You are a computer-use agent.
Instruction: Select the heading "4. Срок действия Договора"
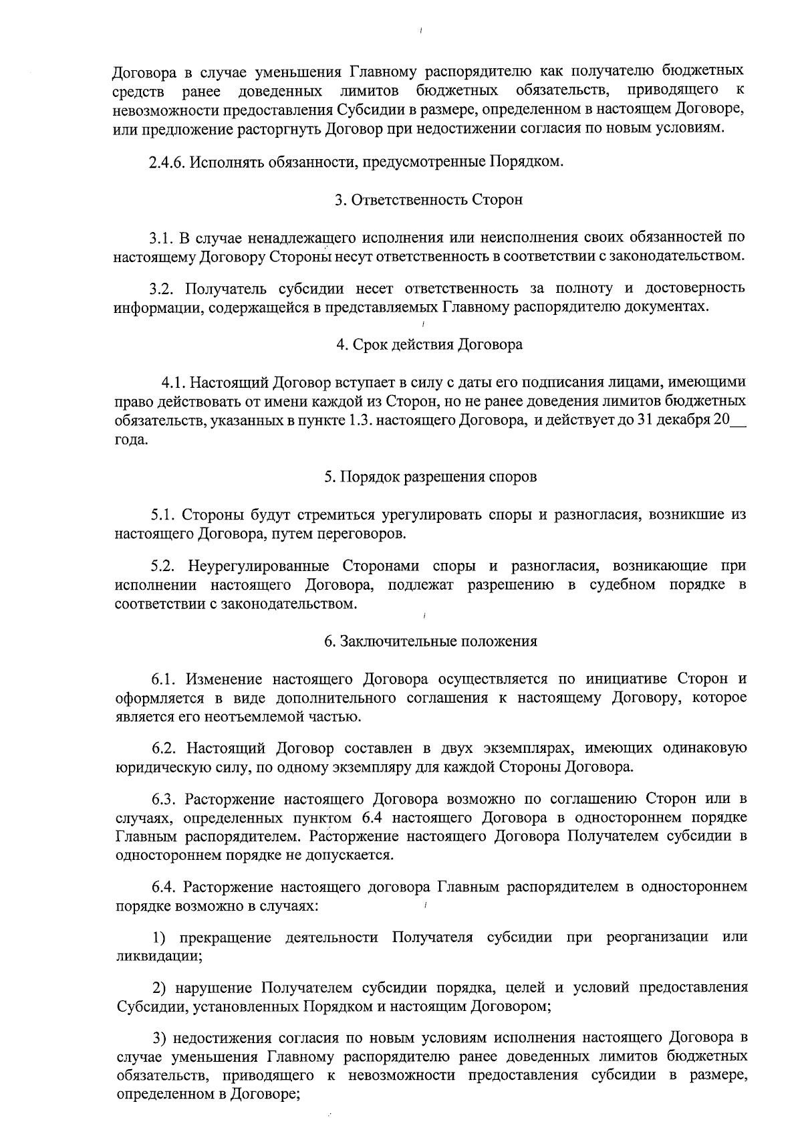(429, 345)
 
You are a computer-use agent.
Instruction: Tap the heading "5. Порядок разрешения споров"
(430, 477)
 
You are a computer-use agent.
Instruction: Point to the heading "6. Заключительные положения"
(430, 642)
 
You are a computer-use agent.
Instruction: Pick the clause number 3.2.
(162, 289)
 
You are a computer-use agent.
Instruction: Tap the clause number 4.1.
(173, 383)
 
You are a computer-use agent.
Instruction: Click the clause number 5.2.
(163, 566)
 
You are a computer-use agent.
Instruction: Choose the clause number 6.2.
(164, 748)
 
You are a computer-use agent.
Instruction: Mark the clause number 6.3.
(164, 799)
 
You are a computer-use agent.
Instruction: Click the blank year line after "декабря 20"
(739, 422)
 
